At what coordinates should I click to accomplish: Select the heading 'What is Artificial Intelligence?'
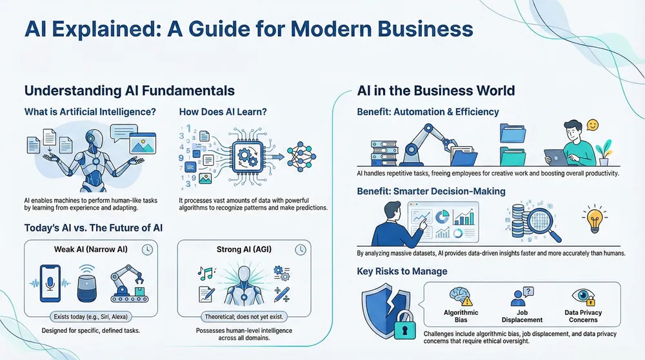pyautogui.click(x=90, y=112)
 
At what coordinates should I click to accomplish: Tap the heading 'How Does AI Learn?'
pyautogui.click(x=223, y=112)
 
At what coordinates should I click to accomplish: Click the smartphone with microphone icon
pyautogui.click(x=49, y=282)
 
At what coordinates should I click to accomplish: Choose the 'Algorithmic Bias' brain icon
pyautogui.click(x=461, y=295)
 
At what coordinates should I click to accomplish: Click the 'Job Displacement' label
pyautogui.click(x=521, y=316)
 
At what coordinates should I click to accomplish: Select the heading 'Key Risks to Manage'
pyautogui.click(x=402, y=271)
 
